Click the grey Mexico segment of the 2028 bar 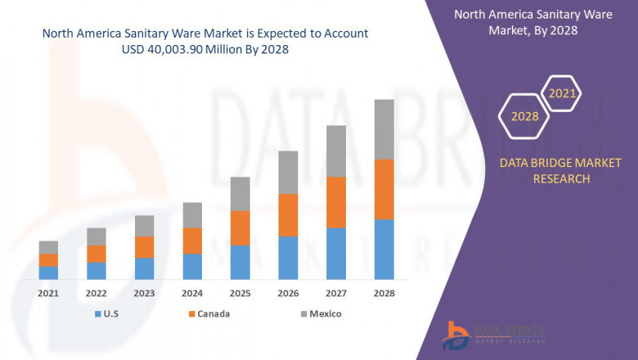tap(384, 129)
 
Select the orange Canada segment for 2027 tap(336, 202)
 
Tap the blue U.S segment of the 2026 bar tap(288, 258)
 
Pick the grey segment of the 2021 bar tap(48, 247)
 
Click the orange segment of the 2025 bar tap(240, 227)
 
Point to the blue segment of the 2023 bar tap(144, 268)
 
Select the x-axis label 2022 tap(96, 293)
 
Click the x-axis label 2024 tap(191, 293)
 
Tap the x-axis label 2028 tap(384, 293)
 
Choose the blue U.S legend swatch tap(99, 314)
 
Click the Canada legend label tap(213, 314)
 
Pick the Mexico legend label tap(325, 314)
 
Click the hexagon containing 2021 tap(562, 95)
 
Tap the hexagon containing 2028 tap(524, 117)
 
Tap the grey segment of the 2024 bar tap(191, 215)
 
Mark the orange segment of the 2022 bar tap(96, 254)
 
